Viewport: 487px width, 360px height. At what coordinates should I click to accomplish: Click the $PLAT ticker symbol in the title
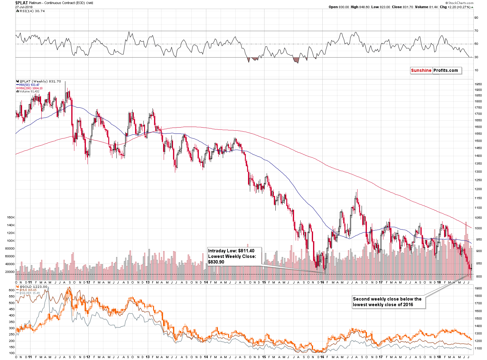click(x=21, y=3)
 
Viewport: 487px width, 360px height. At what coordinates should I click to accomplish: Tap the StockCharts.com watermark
click(x=460, y=3)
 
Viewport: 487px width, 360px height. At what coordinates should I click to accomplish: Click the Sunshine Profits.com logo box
click(x=436, y=71)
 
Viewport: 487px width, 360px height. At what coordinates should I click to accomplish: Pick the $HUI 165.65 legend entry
click(x=28, y=290)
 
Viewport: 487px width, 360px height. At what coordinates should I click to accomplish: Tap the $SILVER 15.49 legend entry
click(x=29, y=293)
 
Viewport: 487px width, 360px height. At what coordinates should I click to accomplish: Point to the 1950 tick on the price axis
click(x=478, y=84)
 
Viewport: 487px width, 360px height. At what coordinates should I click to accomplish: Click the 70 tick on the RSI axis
click(x=476, y=31)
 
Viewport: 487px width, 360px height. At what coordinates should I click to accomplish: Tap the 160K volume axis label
click(x=11, y=217)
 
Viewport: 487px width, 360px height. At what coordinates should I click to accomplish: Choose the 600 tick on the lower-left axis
click(x=12, y=290)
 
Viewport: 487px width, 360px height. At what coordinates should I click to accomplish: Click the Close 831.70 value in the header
click(x=402, y=7)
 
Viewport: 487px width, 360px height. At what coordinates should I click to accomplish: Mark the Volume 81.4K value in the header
click(x=426, y=7)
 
